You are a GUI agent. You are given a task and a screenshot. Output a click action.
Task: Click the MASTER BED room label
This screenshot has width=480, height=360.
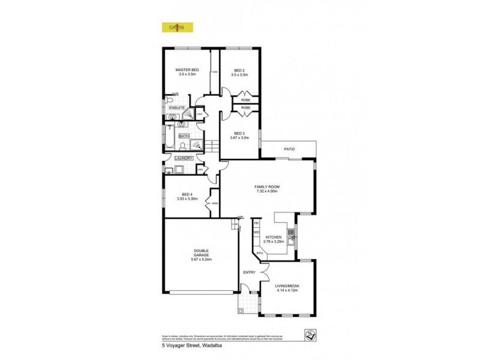tap(187, 70)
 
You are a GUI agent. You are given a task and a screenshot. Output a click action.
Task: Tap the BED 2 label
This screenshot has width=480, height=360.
tap(239, 70)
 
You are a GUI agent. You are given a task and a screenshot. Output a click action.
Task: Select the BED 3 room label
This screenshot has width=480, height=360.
tap(239, 133)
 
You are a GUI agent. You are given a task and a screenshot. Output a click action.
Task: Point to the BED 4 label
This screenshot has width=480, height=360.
tap(187, 194)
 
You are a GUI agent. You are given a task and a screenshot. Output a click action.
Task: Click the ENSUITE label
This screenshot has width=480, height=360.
tap(176, 107)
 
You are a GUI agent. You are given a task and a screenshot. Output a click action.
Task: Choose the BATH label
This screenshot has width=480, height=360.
tap(184, 136)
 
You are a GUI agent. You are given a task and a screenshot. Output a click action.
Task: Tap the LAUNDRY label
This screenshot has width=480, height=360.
tap(184, 158)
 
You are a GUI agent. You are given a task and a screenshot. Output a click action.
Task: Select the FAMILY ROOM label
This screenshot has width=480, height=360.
tap(267, 187)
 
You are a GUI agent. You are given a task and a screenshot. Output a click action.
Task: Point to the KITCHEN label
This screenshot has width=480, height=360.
tap(273, 237)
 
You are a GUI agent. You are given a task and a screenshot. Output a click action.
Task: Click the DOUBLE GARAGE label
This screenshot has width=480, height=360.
tap(201, 253)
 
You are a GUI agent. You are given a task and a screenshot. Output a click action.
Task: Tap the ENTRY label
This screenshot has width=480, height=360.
tap(249, 273)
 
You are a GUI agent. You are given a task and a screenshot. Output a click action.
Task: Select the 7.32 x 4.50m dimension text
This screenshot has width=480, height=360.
tap(267, 191)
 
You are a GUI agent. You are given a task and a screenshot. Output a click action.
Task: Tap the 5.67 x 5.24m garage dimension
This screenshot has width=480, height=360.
tap(201, 259)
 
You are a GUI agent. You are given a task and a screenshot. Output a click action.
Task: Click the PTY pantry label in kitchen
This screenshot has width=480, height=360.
tap(259, 253)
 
